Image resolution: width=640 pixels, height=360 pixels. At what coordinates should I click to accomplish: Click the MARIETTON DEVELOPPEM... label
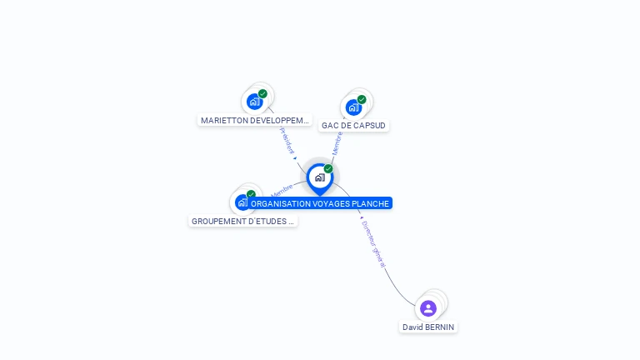click(x=255, y=120)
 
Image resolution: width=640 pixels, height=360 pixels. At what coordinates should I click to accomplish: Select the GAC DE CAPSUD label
click(x=354, y=125)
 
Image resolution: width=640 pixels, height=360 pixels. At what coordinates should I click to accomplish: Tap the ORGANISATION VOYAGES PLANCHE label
click(x=321, y=203)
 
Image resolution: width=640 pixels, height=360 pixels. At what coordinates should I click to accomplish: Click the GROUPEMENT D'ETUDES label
click(x=242, y=222)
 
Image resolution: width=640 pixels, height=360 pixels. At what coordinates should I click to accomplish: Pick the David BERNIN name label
click(x=428, y=327)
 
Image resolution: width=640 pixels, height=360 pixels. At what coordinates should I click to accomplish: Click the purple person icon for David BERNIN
click(x=428, y=308)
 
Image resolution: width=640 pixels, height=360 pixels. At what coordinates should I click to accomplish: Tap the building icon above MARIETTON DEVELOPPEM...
click(x=254, y=102)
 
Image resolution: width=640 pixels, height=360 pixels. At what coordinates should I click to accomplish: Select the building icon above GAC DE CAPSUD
click(x=353, y=107)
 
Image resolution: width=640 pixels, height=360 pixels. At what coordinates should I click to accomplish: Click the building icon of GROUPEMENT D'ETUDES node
click(x=242, y=202)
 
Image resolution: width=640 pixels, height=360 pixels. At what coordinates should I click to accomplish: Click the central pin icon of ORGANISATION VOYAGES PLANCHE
click(x=319, y=177)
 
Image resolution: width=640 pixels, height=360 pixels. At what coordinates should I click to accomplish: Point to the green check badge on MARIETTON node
click(x=262, y=94)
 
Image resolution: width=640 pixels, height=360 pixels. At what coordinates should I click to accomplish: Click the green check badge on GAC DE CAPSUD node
click(x=362, y=99)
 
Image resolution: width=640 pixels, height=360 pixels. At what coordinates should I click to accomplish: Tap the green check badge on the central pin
click(x=328, y=169)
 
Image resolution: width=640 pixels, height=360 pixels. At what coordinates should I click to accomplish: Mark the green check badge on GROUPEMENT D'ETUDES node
click(x=251, y=194)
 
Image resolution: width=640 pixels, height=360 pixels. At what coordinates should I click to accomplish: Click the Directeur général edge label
click(x=373, y=244)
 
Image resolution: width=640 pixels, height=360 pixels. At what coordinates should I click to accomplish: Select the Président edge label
click(x=287, y=140)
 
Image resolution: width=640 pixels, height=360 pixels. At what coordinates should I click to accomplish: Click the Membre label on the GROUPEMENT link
click(x=281, y=191)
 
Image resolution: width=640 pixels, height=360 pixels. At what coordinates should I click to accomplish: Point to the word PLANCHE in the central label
click(x=371, y=203)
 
